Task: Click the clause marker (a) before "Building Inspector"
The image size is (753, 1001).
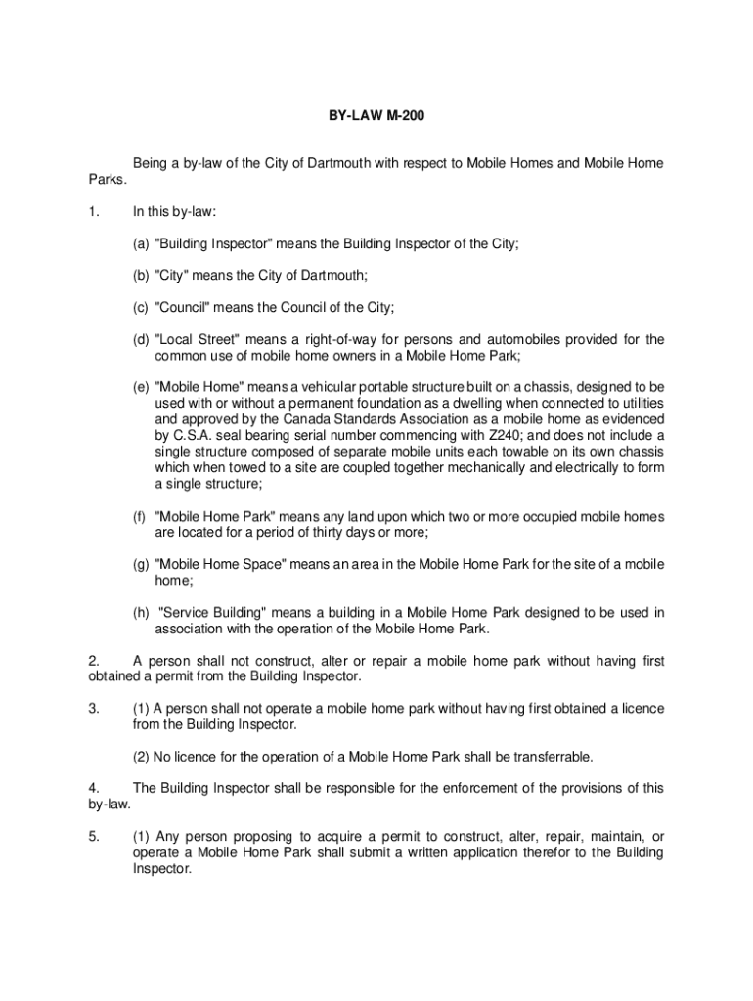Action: tap(142, 244)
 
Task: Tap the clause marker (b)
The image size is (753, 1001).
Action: tap(142, 276)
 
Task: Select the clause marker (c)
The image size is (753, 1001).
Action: tap(142, 307)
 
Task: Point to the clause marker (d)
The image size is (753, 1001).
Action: tap(142, 339)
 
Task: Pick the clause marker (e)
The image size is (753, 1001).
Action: tap(142, 387)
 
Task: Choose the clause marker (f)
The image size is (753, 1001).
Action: tap(142, 516)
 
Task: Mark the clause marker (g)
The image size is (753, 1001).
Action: tap(142, 564)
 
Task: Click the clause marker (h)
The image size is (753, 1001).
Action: tap(142, 613)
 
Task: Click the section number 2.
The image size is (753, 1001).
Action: tap(93, 661)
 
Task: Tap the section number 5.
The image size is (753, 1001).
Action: tap(93, 836)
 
